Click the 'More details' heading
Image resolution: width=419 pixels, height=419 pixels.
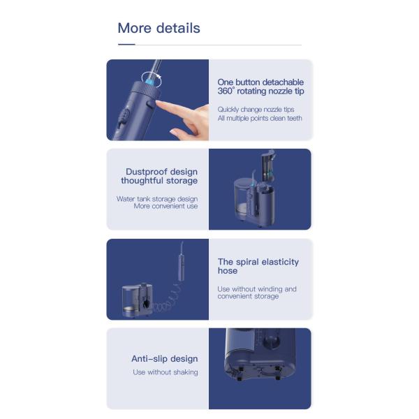point(159,28)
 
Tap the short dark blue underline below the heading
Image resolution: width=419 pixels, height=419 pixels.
point(126,45)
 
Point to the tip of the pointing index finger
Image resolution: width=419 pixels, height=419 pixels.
point(157,103)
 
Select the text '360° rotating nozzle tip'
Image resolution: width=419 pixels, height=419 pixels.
point(260,91)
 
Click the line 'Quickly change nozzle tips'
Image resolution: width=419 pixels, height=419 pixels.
point(256,110)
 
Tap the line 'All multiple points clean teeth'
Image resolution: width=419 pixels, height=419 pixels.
point(260,118)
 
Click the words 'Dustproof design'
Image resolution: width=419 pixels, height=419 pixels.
point(162,172)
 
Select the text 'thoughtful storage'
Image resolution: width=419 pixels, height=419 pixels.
point(159,181)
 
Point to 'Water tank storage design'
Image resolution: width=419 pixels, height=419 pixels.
point(157,199)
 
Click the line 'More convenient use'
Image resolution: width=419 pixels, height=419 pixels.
point(166,206)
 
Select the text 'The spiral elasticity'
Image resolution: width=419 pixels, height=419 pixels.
point(258,262)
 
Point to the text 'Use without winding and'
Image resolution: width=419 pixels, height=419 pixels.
point(257,289)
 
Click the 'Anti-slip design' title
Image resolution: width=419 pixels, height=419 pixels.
point(165,359)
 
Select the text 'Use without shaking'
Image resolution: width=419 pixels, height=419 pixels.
point(166,372)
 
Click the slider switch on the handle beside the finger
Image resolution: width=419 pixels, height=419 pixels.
point(123,117)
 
